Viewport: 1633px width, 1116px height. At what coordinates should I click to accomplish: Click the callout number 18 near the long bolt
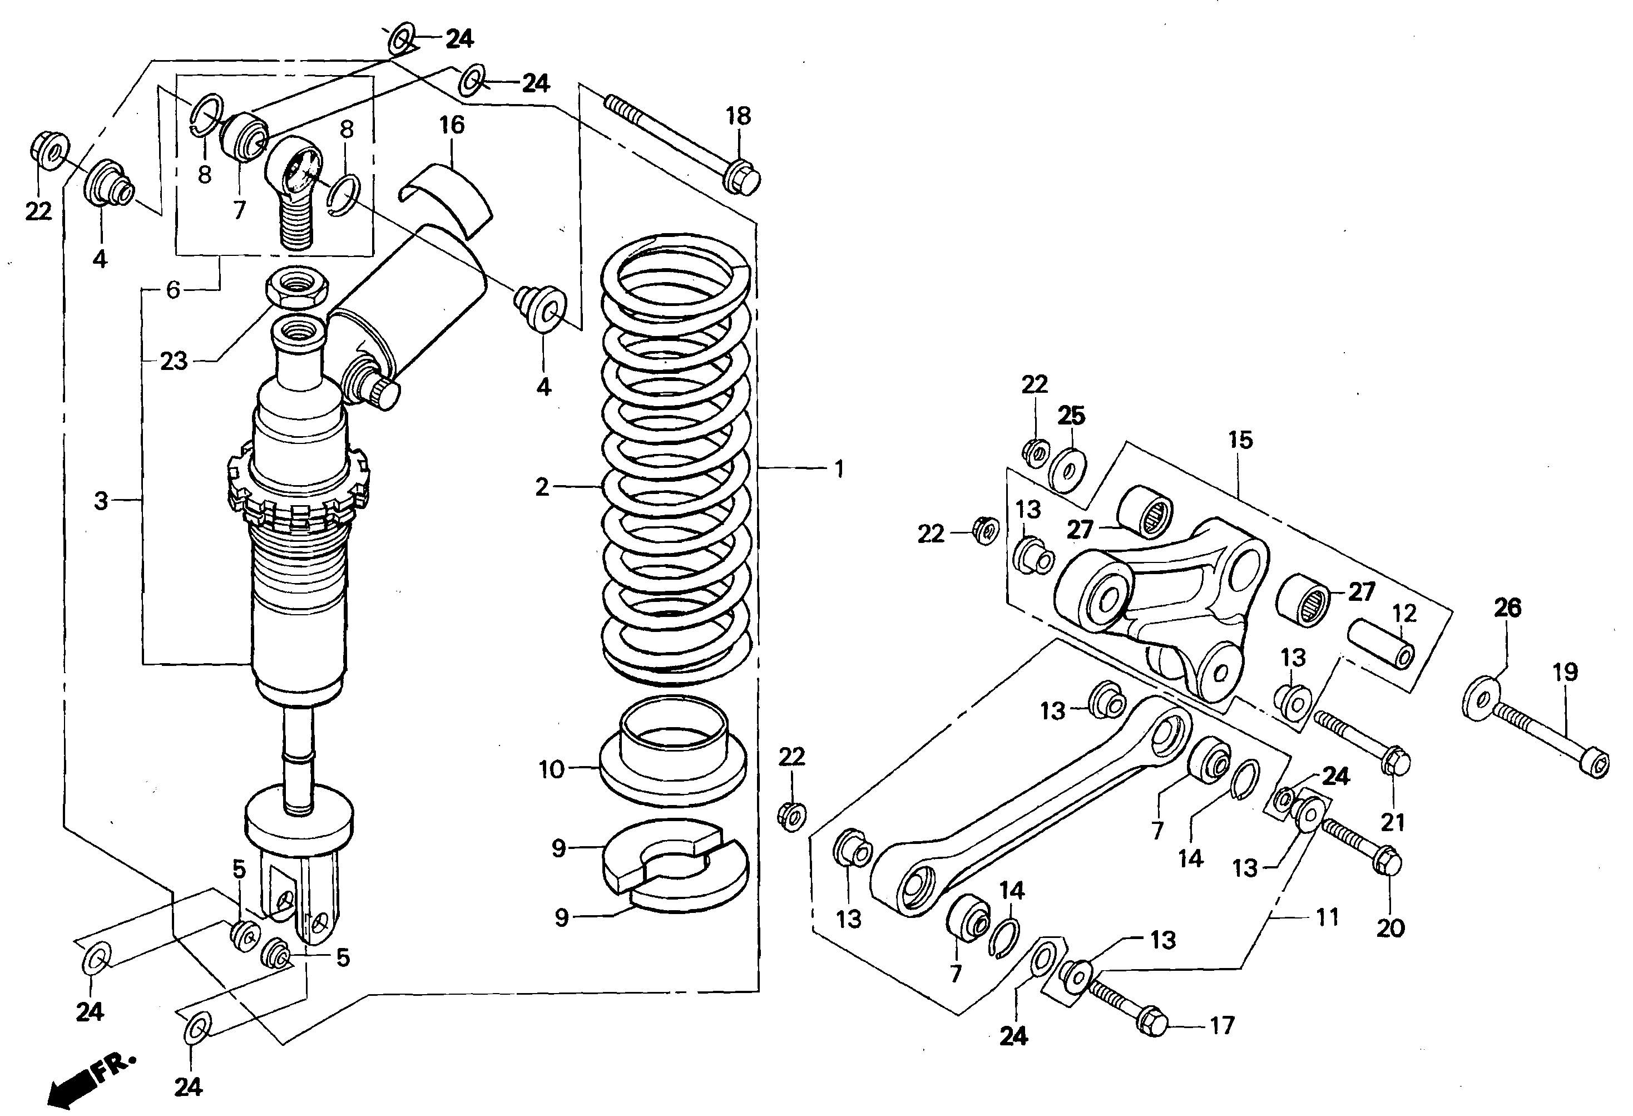pos(739,116)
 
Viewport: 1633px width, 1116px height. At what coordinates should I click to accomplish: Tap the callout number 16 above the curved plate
pos(452,125)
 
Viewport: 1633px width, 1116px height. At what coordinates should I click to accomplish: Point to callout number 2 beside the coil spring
pos(542,486)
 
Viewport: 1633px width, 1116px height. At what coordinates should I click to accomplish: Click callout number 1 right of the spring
pos(838,469)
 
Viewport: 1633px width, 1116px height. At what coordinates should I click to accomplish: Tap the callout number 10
pos(552,769)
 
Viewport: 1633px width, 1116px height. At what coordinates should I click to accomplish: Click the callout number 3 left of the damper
pos(101,501)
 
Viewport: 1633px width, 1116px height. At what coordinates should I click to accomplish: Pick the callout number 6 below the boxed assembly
pos(173,289)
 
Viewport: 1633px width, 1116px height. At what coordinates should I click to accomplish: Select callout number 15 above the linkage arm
pos(1240,440)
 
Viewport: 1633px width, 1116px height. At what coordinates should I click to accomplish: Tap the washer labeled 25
pos(1068,467)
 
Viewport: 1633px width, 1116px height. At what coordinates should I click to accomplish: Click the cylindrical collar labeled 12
pos(1380,644)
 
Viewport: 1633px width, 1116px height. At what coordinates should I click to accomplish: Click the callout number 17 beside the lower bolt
pos(1222,1025)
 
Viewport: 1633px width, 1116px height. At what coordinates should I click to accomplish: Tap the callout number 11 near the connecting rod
pos(1327,917)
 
